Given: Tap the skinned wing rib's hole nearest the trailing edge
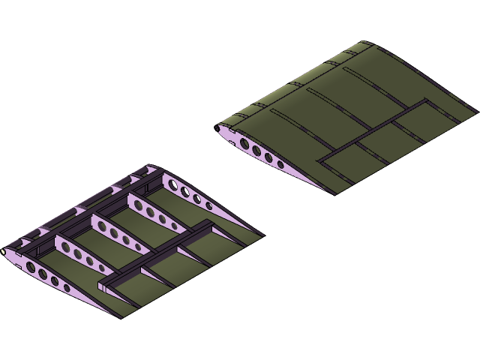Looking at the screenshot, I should point(280,163).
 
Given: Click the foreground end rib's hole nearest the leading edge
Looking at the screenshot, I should point(30,266).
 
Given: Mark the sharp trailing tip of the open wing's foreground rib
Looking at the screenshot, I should point(120,316).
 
